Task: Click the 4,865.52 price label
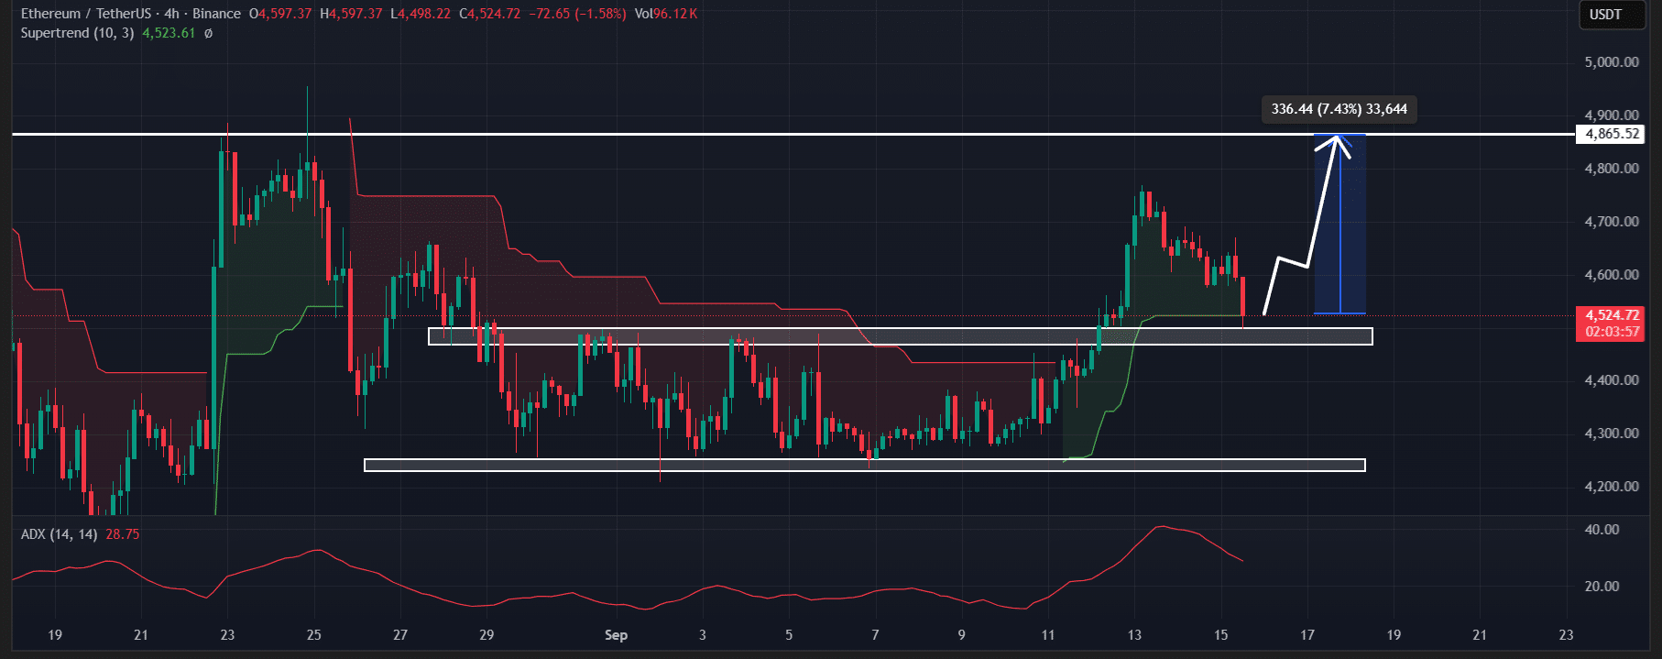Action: pyautogui.click(x=1612, y=134)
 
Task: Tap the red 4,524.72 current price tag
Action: pyautogui.click(x=1612, y=315)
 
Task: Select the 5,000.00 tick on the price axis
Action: pyautogui.click(x=1612, y=62)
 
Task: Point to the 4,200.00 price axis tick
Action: pyautogui.click(x=1612, y=487)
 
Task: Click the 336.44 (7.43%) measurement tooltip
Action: pyautogui.click(x=1339, y=109)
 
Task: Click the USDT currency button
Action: pyautogui.click(x=1605, y=15)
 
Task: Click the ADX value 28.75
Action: pyautogui.click(x=122, y=534)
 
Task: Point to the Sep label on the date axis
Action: pyautogui.click(x=616, y=635)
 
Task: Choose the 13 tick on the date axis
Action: pyautogui.click(x=1134, y=635)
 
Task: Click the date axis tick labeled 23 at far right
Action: pyautogui.click(x=1566, y=635)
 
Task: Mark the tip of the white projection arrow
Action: pyautogui.click(x=1339, y=137)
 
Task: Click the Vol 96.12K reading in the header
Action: pyautogui.click(x=665, y=14)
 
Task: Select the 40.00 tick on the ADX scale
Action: pyautogui.click(x=1602, y=530)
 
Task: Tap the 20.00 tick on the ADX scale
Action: pyautogui.click(x=1602, y=587)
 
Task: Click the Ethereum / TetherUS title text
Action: pyautogui.click(x=87, y=14)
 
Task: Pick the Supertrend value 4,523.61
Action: pyautogui.click(x=169, y=33)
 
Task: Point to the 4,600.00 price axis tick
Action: pyautogui.click(x=1612, y=275)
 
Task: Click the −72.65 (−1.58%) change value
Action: pyautogui.click(x=577, y=14)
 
